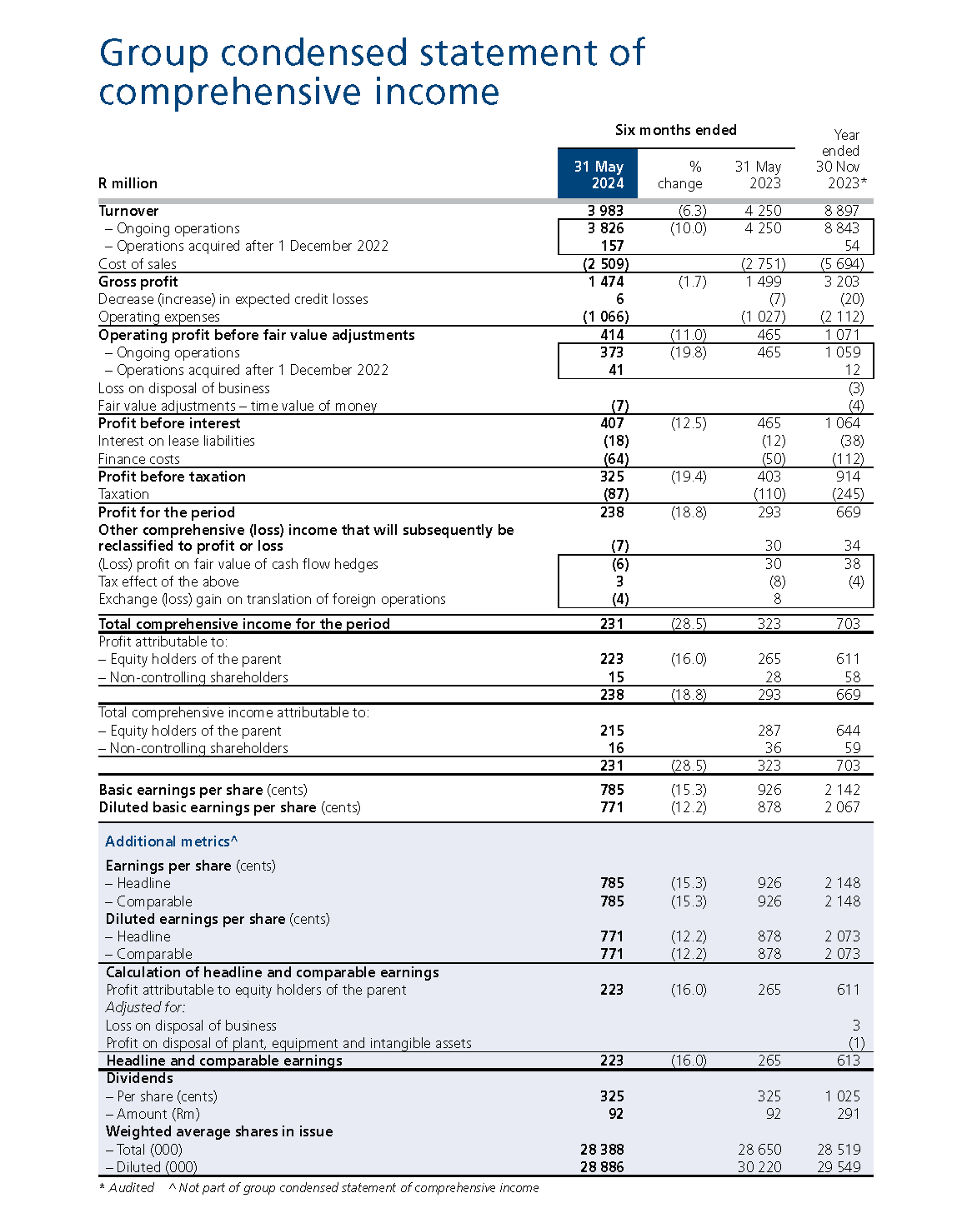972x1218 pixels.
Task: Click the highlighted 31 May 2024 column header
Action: pos(598,174)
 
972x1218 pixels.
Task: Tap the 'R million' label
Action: pos(128,183)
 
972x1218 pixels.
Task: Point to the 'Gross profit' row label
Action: pos(138,282)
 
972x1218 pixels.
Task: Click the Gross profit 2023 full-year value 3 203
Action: pos(841,282)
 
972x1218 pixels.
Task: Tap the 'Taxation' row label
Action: pos(123,494)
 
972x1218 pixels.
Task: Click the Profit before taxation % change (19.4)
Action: pos(688,477)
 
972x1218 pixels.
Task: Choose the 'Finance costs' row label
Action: pos(138,459)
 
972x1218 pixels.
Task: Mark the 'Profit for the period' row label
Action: pos(166,512)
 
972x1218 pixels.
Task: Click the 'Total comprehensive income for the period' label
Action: pos(243,624)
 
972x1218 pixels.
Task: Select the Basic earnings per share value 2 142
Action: pos(842,790)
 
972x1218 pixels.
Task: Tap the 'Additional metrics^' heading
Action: pos(171,841)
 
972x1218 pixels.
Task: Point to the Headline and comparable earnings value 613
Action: pos(848,1061)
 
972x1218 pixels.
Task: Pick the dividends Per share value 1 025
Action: pos(842,1096)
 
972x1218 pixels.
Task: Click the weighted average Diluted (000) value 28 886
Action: pos(602,1167)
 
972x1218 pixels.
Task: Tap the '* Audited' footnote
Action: pos(126,1188)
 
